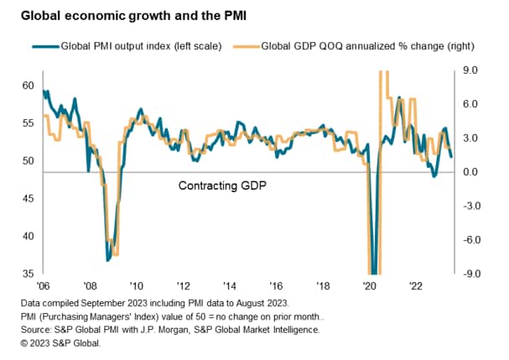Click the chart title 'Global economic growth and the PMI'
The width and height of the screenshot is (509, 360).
[x=117, y=14]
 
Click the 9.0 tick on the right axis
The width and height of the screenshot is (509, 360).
[x=470, y=70]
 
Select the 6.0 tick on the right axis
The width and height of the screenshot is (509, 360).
[x=470, y=104]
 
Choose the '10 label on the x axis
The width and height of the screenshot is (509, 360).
[x=135, y=285]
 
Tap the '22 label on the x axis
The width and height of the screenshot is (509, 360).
[x=414, y=285]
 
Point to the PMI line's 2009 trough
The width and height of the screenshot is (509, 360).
[x=107, y=259]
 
